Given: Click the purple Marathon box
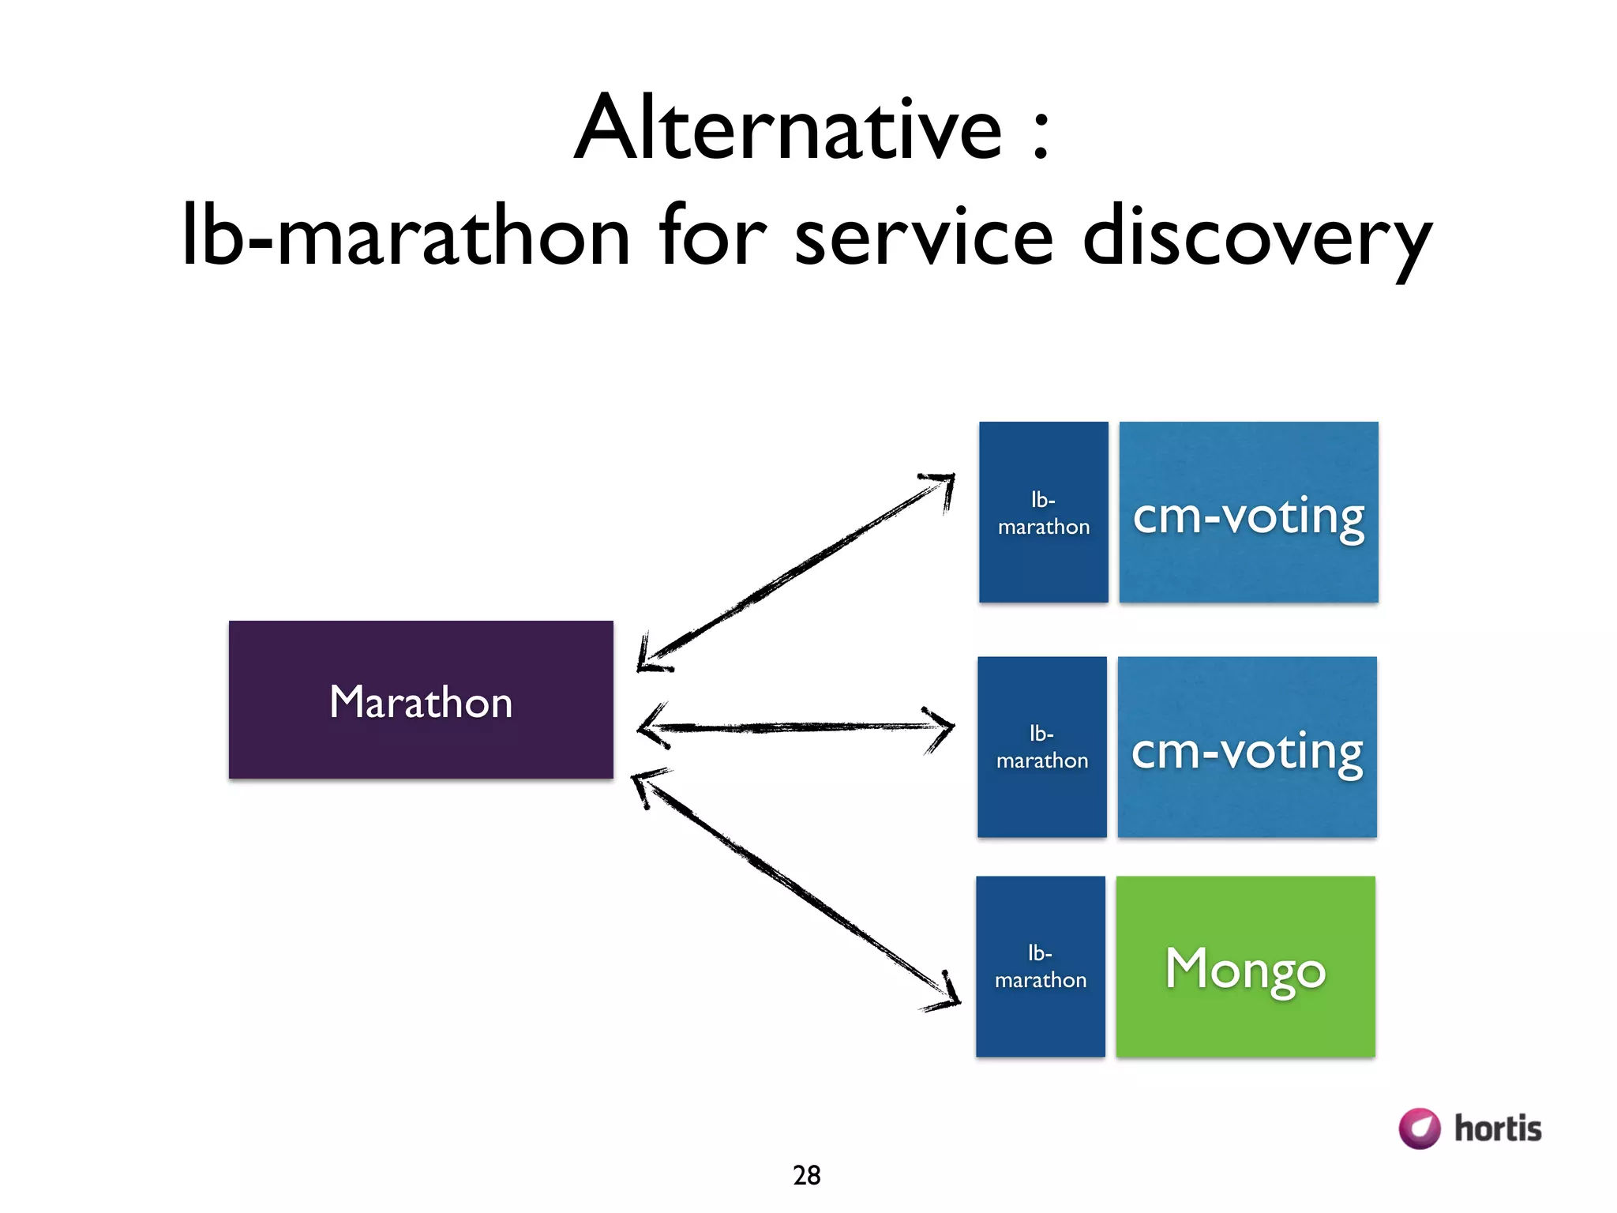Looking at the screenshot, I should point(421,700).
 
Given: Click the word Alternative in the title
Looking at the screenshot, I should point(788,128).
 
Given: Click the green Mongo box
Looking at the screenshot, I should point(1245,967).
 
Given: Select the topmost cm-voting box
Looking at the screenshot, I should point(1248,512).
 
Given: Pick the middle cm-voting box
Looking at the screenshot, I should point(1247,747).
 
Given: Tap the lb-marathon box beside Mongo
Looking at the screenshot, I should point(1040,967).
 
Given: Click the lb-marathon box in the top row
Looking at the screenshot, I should point(1043,512).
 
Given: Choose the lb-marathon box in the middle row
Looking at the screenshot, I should point(1041,747).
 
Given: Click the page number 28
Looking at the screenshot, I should point(806,1175).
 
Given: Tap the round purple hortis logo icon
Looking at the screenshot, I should point(1419,1128).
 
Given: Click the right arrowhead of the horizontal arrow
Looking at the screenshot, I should point(944,727).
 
